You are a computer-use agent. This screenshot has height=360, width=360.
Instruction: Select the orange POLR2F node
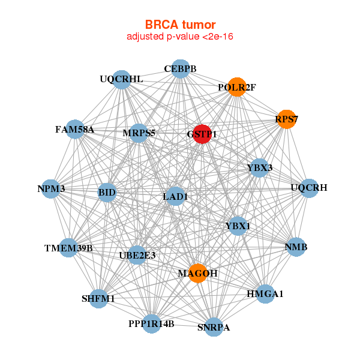[x=237, y=87]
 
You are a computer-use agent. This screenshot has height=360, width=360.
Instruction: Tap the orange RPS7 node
[x=286, y=119]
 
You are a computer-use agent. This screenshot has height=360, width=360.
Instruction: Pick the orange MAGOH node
[x=197, y=273]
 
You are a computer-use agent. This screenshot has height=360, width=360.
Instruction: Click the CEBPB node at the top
[x=181, y=68]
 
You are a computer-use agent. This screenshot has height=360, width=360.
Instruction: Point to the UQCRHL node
[x=122, y=79]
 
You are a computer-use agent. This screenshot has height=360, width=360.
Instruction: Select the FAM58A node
[x=75, y=129]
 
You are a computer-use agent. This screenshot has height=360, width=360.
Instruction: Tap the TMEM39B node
[x=68, y=248]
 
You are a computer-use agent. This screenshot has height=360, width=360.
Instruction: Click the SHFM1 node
[x=98, y=298]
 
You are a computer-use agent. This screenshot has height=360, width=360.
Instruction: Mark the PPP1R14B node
[x=151, y=324]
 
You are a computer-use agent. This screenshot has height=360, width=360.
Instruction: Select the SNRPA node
[x=214, y=327]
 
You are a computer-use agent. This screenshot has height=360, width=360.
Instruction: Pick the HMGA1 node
[x=265, y=294]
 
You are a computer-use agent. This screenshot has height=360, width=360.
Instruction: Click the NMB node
[x=296, y=247]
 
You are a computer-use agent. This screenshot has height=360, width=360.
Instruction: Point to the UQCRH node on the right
[x=309, y=188]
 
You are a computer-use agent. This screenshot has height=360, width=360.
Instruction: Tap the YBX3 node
[x=259, y=168]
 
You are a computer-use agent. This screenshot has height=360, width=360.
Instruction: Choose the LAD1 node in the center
[x=175, y=196]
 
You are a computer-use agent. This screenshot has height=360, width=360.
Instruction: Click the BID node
[x=107, y=193]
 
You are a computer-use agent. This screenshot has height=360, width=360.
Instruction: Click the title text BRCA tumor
[x=180, y=25]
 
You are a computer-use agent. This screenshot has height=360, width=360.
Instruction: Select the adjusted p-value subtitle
[x=180, y=37]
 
